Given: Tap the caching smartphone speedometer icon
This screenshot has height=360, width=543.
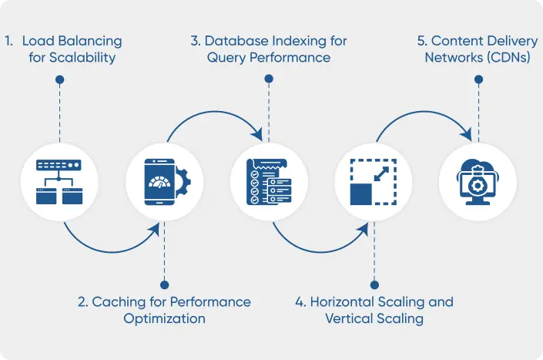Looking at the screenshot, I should [163, 183].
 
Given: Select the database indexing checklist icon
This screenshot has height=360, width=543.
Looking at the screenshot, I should [268, 183].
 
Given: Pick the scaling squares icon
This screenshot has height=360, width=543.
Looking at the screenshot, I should [373, 183].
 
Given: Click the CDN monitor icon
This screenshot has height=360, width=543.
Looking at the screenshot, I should [478, 183].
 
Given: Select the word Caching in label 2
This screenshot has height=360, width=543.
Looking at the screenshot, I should [119, 301].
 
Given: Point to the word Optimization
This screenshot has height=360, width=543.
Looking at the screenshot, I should [164, 318].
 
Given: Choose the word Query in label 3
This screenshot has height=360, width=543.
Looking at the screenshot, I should [226, 58].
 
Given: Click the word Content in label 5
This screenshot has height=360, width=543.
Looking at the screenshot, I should [455, 41].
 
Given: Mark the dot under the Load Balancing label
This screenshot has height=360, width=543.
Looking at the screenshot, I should [60, 78].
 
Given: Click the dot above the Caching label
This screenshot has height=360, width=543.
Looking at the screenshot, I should [163, 284].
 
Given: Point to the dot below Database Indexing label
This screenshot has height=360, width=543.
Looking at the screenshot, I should [268, 78].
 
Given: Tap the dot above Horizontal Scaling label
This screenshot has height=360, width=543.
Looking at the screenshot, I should [374, 284].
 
